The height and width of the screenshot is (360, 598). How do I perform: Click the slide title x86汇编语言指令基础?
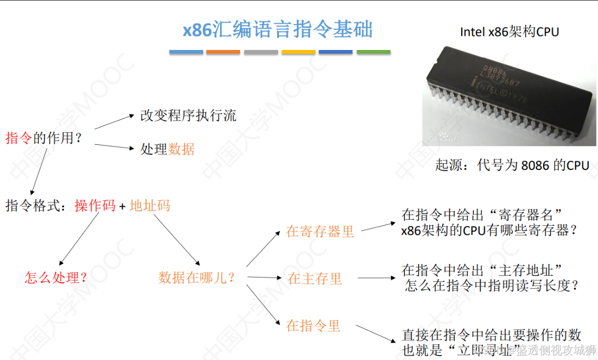tap(278, 30)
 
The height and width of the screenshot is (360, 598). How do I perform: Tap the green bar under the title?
tap(373, 52)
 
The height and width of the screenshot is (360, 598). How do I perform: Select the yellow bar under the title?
tap(299, 52)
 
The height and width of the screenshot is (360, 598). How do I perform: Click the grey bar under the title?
tap(261, 52)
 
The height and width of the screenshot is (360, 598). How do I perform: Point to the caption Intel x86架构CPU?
tap(509, 32)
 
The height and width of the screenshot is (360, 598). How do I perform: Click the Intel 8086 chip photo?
tap(509, 95)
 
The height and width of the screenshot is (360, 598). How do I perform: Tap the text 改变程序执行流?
tap(188, 116)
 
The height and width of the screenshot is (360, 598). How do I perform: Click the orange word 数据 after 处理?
tap(181, 149)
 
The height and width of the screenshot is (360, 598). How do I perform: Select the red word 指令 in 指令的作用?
tap(18, 138)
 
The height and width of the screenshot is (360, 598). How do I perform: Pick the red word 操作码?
tap(95, 205)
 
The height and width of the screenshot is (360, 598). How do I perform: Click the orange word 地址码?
tap(150, 205)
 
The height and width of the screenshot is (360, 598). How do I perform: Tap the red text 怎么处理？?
tap(56, 277)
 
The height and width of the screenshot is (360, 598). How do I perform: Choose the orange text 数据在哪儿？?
tap(197, 278)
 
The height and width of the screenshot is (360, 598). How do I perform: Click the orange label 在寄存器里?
tap(320, 231)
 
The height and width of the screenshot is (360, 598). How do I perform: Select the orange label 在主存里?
tap(314, 279)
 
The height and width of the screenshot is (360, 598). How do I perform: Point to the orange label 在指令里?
tap(313, 326)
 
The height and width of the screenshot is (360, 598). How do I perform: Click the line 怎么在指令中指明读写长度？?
tap(492, 286)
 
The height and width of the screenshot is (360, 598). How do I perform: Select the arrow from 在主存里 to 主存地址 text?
tap(376, 278)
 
